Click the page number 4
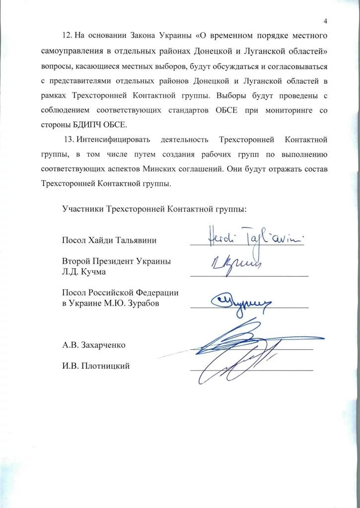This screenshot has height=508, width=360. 325,21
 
